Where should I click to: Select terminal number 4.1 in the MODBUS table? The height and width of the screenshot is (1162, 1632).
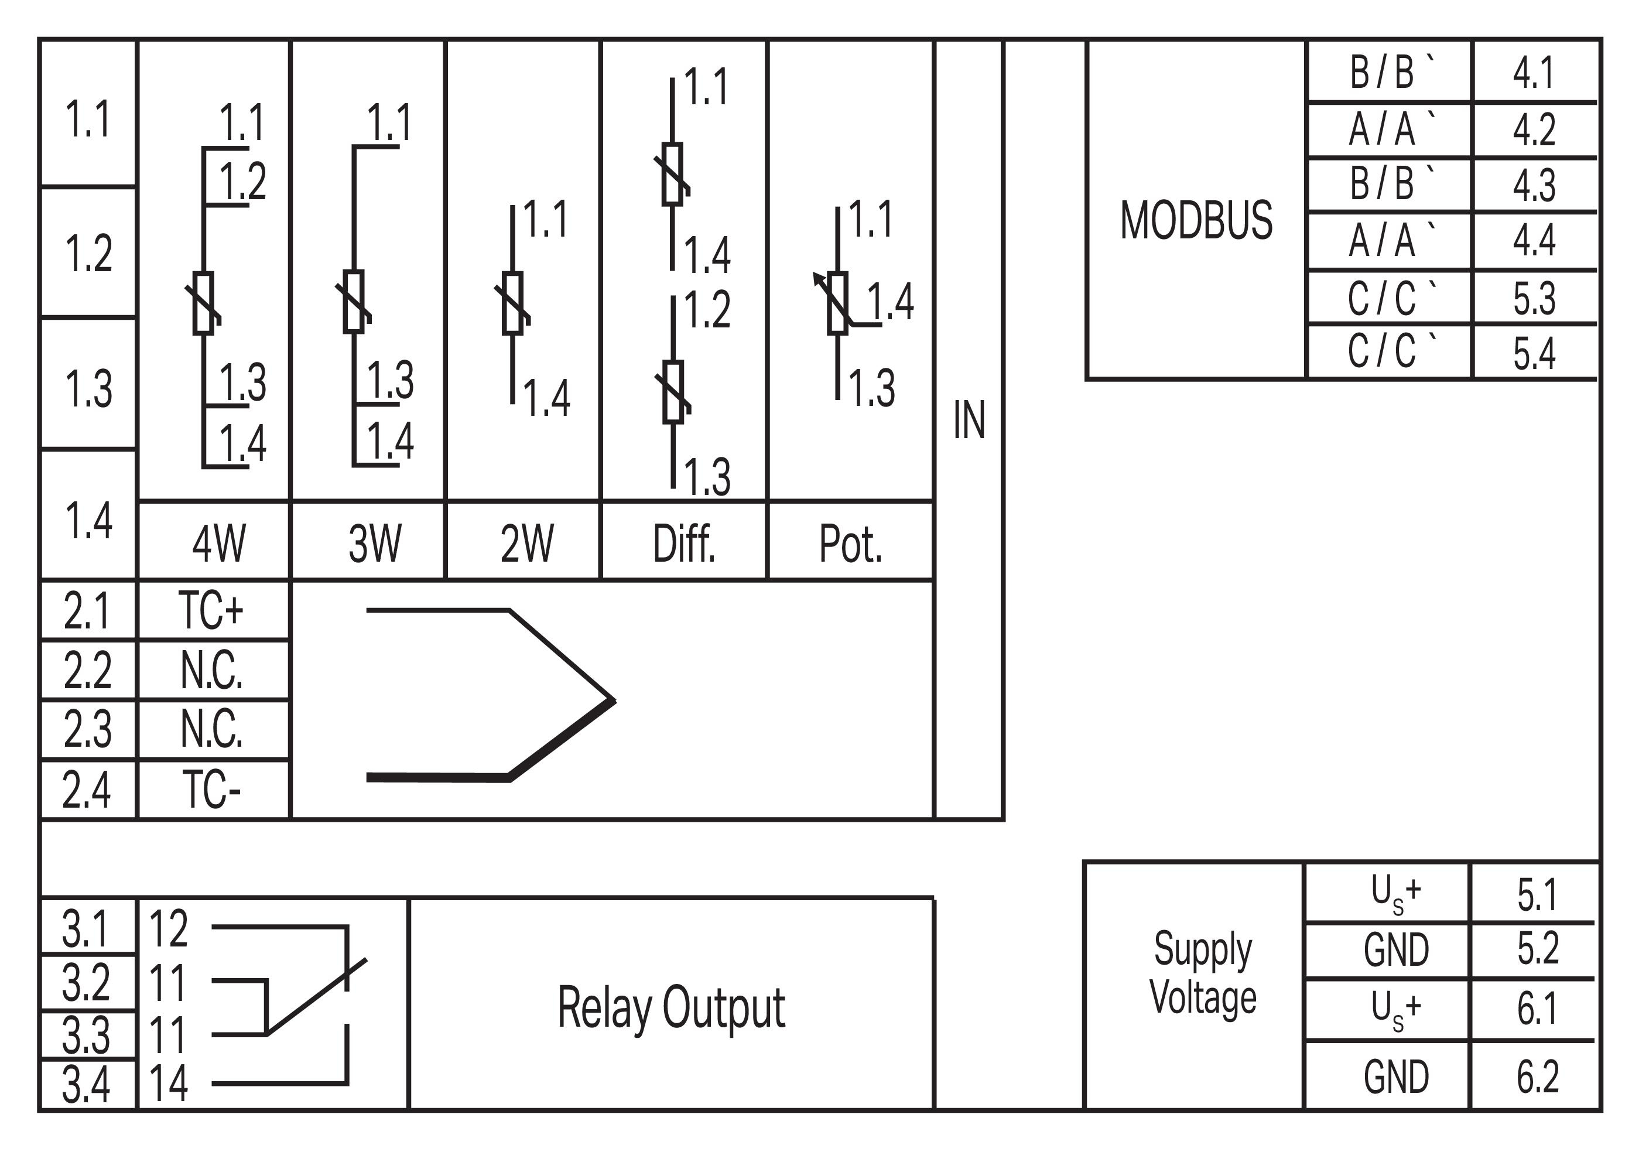(x=1533, y=72)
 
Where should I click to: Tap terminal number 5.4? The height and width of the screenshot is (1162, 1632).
(x=1533, y=352)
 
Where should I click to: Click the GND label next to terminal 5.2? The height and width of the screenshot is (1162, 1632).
(x=1396, y=950)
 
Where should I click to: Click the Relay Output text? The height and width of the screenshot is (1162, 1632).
(x=671, y=1007)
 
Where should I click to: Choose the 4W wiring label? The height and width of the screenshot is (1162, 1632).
(x=218, y=544)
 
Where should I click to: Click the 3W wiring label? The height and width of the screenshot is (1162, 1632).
(x=375, y=544)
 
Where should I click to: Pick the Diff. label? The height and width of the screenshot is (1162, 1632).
(x=683, y=544)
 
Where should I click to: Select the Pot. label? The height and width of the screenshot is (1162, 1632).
(x=850, y=544)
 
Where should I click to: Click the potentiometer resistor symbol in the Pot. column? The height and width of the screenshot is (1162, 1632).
(x=837, y=303)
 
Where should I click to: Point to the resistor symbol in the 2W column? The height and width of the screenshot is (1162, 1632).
(x=512, y=303)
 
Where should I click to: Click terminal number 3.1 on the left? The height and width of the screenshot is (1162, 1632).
(x=86, y=928)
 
